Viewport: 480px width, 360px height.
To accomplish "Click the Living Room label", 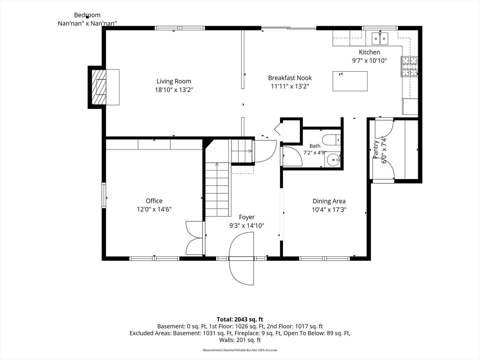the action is [174, 81].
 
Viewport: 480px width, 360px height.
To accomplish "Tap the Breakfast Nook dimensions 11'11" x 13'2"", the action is [290, 86].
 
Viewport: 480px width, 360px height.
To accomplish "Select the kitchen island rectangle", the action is [350, 81].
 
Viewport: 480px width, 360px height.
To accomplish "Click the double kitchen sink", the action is [380, 39].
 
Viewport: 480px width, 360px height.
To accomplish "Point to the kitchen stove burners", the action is [409, 66].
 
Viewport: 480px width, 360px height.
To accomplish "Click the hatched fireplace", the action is [99, 87].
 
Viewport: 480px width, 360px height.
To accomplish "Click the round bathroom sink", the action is [332, 160].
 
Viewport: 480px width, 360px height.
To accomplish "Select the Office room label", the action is [154, 201].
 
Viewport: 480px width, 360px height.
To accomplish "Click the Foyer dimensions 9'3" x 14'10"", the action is [247, 226].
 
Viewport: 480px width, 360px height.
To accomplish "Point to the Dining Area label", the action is [329, 201].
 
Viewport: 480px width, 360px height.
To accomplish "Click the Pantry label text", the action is [375, 150].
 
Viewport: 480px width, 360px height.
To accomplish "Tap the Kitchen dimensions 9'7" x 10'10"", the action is [369, 61].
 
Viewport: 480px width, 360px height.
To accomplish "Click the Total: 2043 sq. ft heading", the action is [240, 319].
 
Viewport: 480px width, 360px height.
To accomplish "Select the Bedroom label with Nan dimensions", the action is [87, 19].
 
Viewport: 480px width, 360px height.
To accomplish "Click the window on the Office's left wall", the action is [104, 195].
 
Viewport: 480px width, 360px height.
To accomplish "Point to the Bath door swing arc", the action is [297, 154].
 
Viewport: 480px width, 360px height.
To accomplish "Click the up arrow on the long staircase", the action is [217, 164].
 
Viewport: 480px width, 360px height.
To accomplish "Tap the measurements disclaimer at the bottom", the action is [240, 350].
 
